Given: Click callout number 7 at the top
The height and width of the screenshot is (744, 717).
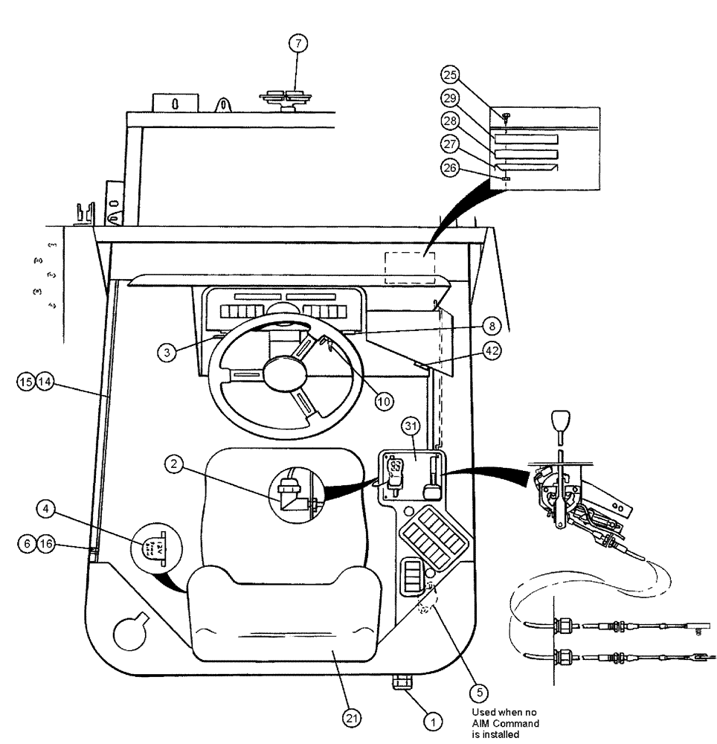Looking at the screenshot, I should click(x=297, y=44).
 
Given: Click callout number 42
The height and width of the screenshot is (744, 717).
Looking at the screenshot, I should click(x=491, y=354).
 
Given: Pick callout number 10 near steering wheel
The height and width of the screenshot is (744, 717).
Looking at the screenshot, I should click(x=384, y=400).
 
